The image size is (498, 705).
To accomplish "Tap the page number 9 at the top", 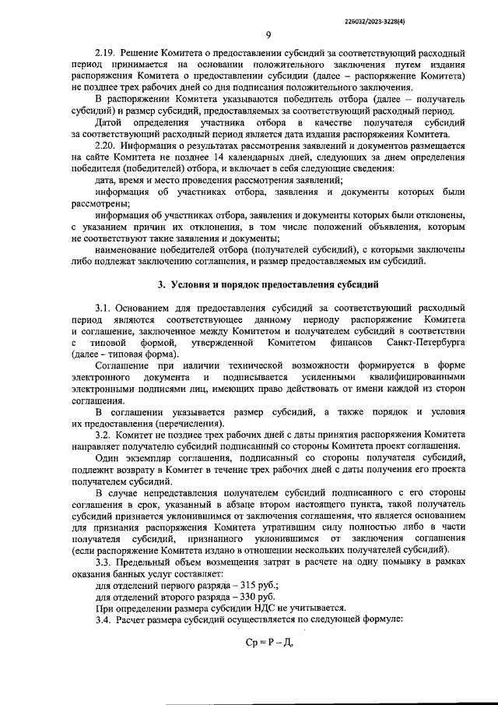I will click(x=268, y=34).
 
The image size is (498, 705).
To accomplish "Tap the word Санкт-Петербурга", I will click(x=421, y=343).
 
